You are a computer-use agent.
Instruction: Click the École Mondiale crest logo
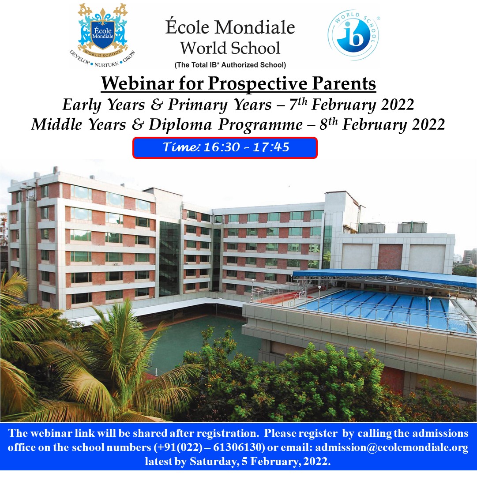[x=102, y=35]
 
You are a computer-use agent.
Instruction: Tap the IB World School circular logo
[x=353, y=35]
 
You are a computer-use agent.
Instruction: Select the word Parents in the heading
[x=344, y=83]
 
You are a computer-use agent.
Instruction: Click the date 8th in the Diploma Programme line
[x=329, y=124]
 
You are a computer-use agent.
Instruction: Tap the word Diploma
[x=180, y=124]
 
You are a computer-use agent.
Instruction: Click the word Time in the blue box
[x=181, y=147]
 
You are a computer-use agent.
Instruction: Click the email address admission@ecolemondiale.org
[x=391, y=447]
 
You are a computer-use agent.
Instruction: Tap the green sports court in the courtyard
[x=198, y=341]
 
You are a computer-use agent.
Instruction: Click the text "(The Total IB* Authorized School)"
[x=230, y=65]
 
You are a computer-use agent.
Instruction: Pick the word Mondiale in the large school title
[x=255, y=27]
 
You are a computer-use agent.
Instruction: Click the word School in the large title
[x=255, y=48]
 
